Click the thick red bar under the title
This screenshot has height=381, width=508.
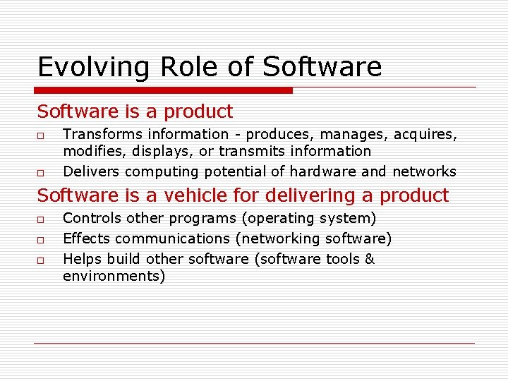(164, 90)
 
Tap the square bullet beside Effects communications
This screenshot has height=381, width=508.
(42, 240)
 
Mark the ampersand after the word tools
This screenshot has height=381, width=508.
(369, 259)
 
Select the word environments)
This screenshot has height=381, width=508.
(114, 276)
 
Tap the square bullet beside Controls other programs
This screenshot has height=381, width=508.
(42, 219)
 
